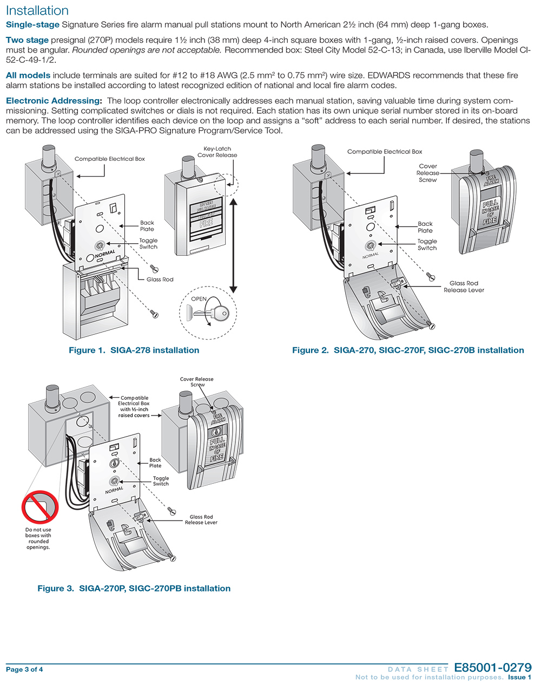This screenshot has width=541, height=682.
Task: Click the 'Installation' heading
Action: (37, 10)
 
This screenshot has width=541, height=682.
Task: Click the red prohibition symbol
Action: (39, 506)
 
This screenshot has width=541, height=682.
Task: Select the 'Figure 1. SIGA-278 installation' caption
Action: (134, 350)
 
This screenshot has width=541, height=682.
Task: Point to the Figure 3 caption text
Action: (134, 588)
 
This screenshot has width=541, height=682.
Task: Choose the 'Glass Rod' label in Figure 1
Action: (160, 280)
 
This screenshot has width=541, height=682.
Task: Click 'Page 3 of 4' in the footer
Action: (24, 670)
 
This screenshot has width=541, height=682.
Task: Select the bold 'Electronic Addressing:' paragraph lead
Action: (54, 101)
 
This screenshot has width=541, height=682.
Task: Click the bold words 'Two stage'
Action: (27, 40)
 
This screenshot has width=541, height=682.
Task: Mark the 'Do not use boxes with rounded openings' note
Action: (38, 538)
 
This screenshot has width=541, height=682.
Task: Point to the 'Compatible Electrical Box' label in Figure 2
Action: (385, 152)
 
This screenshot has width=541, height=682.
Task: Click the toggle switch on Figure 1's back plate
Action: (100, 245)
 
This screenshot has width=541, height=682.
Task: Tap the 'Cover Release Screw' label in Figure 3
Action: (197, 382)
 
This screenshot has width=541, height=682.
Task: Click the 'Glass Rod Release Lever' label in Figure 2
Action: (464, 287)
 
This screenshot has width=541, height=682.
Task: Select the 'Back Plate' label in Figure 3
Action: (155, 463)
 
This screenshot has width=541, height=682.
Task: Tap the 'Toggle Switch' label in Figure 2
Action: (427, 245)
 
